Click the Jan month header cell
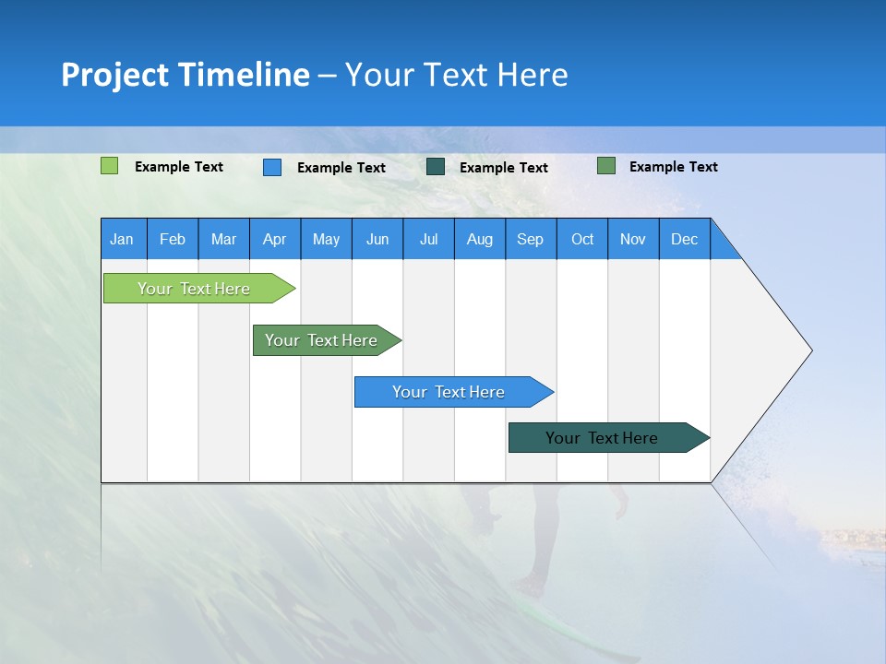[x=123, y=239]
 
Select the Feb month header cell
[x=173, y=239]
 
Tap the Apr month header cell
[x=275, y=239]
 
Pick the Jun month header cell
[x=377, y=239]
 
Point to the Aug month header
[x=480, y=239]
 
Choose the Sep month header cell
[x=531, y=239]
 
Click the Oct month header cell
[x=582, y=239]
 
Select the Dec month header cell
[x=685, y=239]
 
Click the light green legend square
[x=109, y=166]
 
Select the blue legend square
[x=272, y=167]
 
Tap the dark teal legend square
[x=436, y=167]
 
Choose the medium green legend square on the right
[x=606, y=166]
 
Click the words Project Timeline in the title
[x=186, y=75]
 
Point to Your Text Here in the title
[x=456, y=75]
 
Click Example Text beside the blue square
[x=341, y=168]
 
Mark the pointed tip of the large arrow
[x=810, y=350]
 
